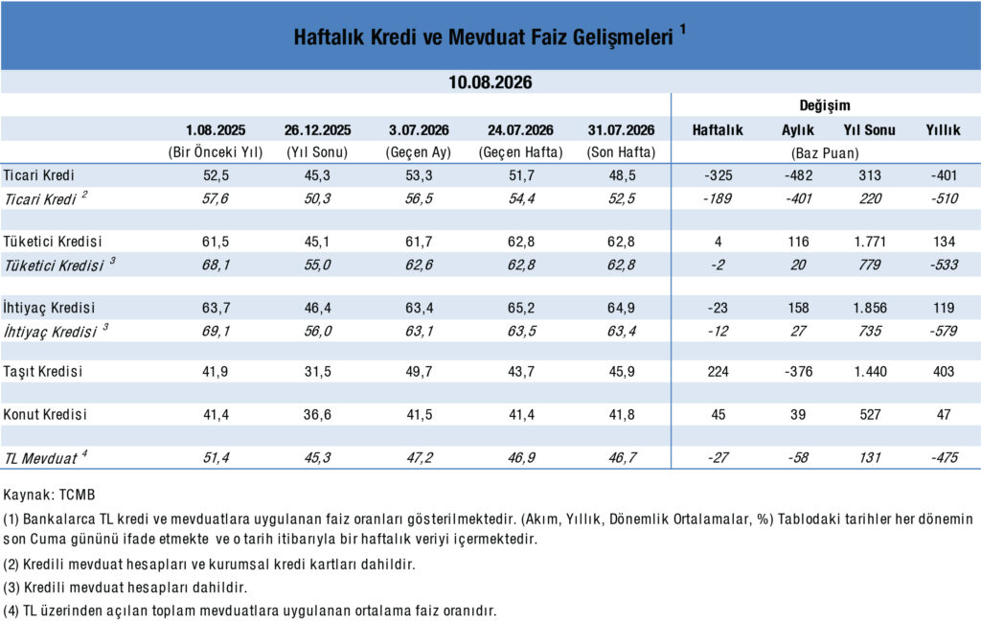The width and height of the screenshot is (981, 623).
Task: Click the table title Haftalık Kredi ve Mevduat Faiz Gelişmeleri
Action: (x=484, y=37)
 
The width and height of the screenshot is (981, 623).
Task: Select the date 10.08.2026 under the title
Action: (x=490, y=82)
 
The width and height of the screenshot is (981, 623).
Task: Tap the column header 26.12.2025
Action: (x=317, y=130)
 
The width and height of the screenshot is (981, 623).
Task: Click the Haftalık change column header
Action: (x=718, y=130)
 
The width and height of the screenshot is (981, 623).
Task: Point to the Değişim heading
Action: (x=825, y=105)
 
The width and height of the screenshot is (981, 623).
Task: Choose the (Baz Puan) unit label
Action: (x=825, y=152)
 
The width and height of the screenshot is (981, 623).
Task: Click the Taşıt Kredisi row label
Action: (x=42, y=371)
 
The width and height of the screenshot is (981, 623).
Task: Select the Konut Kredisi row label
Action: (x=44, y=414)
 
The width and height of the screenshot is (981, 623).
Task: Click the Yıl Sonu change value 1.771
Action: (x=870, y=242)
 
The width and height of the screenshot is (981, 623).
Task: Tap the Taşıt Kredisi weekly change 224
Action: (x=718, y=372)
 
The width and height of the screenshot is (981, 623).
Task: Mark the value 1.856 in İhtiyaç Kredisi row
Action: (x=870, y=308)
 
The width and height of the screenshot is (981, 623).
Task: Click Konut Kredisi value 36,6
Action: (x=317, y=414)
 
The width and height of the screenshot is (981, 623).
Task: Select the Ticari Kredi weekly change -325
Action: (x=718, y=175)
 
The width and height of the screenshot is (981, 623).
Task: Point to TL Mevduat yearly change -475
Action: (x=944, y=458)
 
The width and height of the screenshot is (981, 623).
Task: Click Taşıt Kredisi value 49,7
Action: (x=420, y=372)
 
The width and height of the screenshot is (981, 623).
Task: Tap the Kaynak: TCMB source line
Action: (x=50, y=495)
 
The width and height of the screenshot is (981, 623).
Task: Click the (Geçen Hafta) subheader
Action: (x=520, y=152)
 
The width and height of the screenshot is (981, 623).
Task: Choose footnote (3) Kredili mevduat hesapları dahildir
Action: (x=125, y=588)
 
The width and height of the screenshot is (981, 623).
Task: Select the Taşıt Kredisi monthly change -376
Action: (x=798, y=372)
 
